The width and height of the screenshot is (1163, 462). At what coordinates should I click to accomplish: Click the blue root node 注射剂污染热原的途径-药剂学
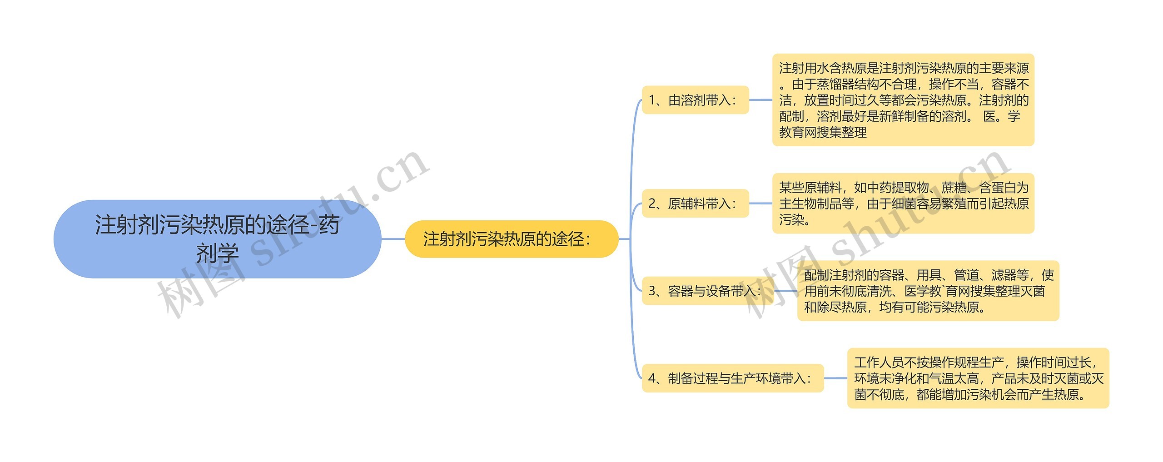(x=217, y=239)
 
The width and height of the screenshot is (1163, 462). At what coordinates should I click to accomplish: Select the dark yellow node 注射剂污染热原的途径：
(x=511, y=239)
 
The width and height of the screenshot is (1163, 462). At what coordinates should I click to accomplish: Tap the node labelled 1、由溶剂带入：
(x=695, y=100)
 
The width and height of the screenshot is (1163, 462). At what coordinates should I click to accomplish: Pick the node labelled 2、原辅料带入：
(x=695, y=204)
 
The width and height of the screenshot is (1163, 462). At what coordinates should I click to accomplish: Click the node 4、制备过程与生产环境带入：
(x=732, y=378)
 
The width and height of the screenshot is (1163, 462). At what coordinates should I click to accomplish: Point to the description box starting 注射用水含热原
(x=903, y=100)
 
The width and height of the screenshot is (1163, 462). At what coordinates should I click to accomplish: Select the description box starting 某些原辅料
(x=903, y=204)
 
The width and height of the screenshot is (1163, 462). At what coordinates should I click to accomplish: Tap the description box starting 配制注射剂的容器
(x=928, y=291)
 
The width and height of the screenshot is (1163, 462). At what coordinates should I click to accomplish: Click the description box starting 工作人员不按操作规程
(x=978, y=378)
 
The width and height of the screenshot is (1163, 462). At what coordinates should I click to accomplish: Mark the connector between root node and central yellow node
(x=393, y=239)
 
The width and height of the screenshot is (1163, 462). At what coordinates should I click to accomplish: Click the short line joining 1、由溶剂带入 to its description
(x=760, y=100)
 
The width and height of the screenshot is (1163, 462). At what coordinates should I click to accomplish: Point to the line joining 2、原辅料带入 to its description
(x=760, y=204)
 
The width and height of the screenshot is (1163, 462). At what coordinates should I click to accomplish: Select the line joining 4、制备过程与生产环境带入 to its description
(x=835, y=378)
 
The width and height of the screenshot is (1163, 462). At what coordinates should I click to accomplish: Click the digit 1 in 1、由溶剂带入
(x=652, y=100)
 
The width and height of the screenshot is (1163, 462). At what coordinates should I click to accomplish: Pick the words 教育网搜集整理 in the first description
(x=823, y=133)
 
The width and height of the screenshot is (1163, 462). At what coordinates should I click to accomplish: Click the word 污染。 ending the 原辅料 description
(x=795, y=220)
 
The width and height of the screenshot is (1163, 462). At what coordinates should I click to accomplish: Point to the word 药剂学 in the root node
(x=217, y=253)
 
